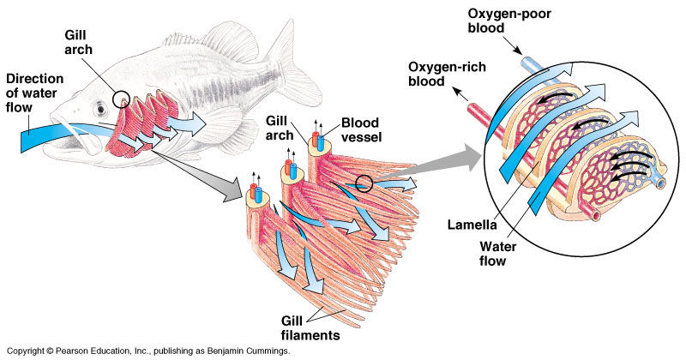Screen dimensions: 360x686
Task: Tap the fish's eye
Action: click(x=101, y=110)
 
